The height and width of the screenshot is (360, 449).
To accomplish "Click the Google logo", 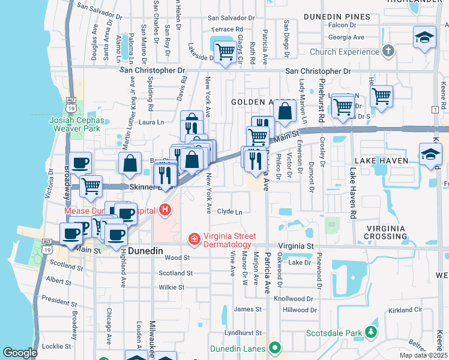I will coord(20,353).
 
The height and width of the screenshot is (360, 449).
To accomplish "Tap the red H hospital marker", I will coord(165,211).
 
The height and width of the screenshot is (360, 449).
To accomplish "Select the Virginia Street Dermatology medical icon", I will coord(194,240).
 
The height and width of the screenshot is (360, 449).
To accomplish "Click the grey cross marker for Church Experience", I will coord(388,51).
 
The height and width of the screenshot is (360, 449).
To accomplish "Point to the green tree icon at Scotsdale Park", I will coord(372,332).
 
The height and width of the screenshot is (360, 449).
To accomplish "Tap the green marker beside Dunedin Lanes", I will coord(275,347).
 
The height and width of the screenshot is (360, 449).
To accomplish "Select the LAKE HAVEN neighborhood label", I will coord(381,161).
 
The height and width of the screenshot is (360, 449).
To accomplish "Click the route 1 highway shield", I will coord(434,109).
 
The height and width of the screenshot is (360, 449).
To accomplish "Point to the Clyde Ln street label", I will coord(229,212).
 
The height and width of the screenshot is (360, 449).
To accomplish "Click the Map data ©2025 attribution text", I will coord(423,355).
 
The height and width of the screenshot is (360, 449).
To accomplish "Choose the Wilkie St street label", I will coord(171,287).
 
